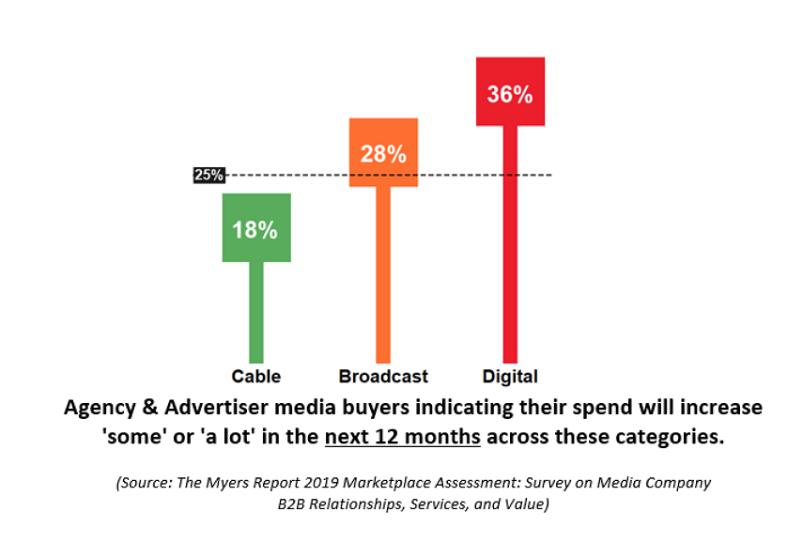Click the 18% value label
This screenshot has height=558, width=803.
tap(255, 229)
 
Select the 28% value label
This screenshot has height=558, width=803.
tap(383, 154)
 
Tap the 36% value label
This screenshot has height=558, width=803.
tap(510, 94)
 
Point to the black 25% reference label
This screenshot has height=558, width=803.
tap(208, 175)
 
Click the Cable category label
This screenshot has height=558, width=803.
tap(256, 377)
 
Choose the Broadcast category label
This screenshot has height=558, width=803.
tap(383, 377)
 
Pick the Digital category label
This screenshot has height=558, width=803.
tap(510, 377)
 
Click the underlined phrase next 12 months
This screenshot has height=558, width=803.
tap(403, 438)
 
